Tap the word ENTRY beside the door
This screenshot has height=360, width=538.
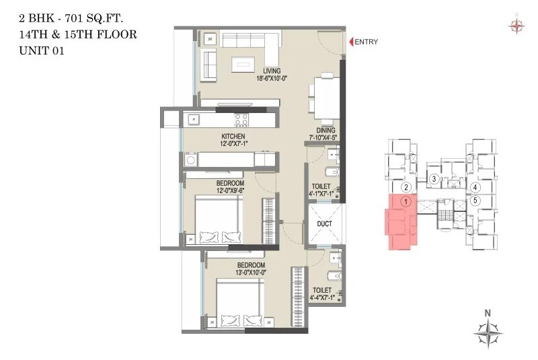tap(366, 42)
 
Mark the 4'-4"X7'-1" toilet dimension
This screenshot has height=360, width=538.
tap(325, 296)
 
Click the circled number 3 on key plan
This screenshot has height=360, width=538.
tap(435, 179)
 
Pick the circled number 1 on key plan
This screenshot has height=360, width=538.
tap(405, 201)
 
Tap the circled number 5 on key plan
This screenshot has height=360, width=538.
tap(475, 201)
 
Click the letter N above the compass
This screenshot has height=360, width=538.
tap(489, 312)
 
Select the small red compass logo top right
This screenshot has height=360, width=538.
tap(516, 26)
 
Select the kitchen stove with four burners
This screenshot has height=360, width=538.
tap(241, 120)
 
